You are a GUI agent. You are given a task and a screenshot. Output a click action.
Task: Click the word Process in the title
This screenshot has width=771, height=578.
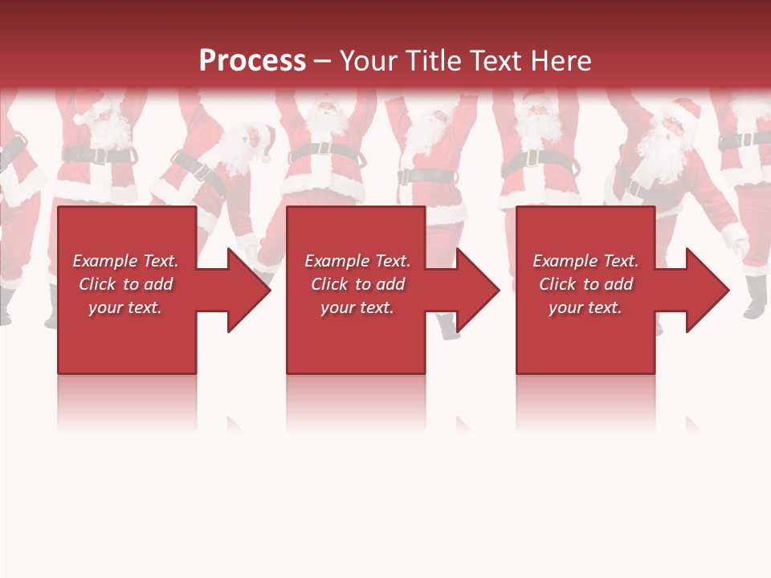tap(252, 60)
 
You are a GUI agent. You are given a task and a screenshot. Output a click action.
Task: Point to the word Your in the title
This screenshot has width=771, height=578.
tap(369, 60)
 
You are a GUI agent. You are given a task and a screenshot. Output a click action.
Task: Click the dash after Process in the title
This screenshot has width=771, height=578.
tap(322, 61)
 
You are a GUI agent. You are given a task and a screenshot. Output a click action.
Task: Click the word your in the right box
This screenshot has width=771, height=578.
tap(565, 307)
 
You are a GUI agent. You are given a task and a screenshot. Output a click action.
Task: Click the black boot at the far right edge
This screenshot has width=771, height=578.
tap(755, 297)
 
